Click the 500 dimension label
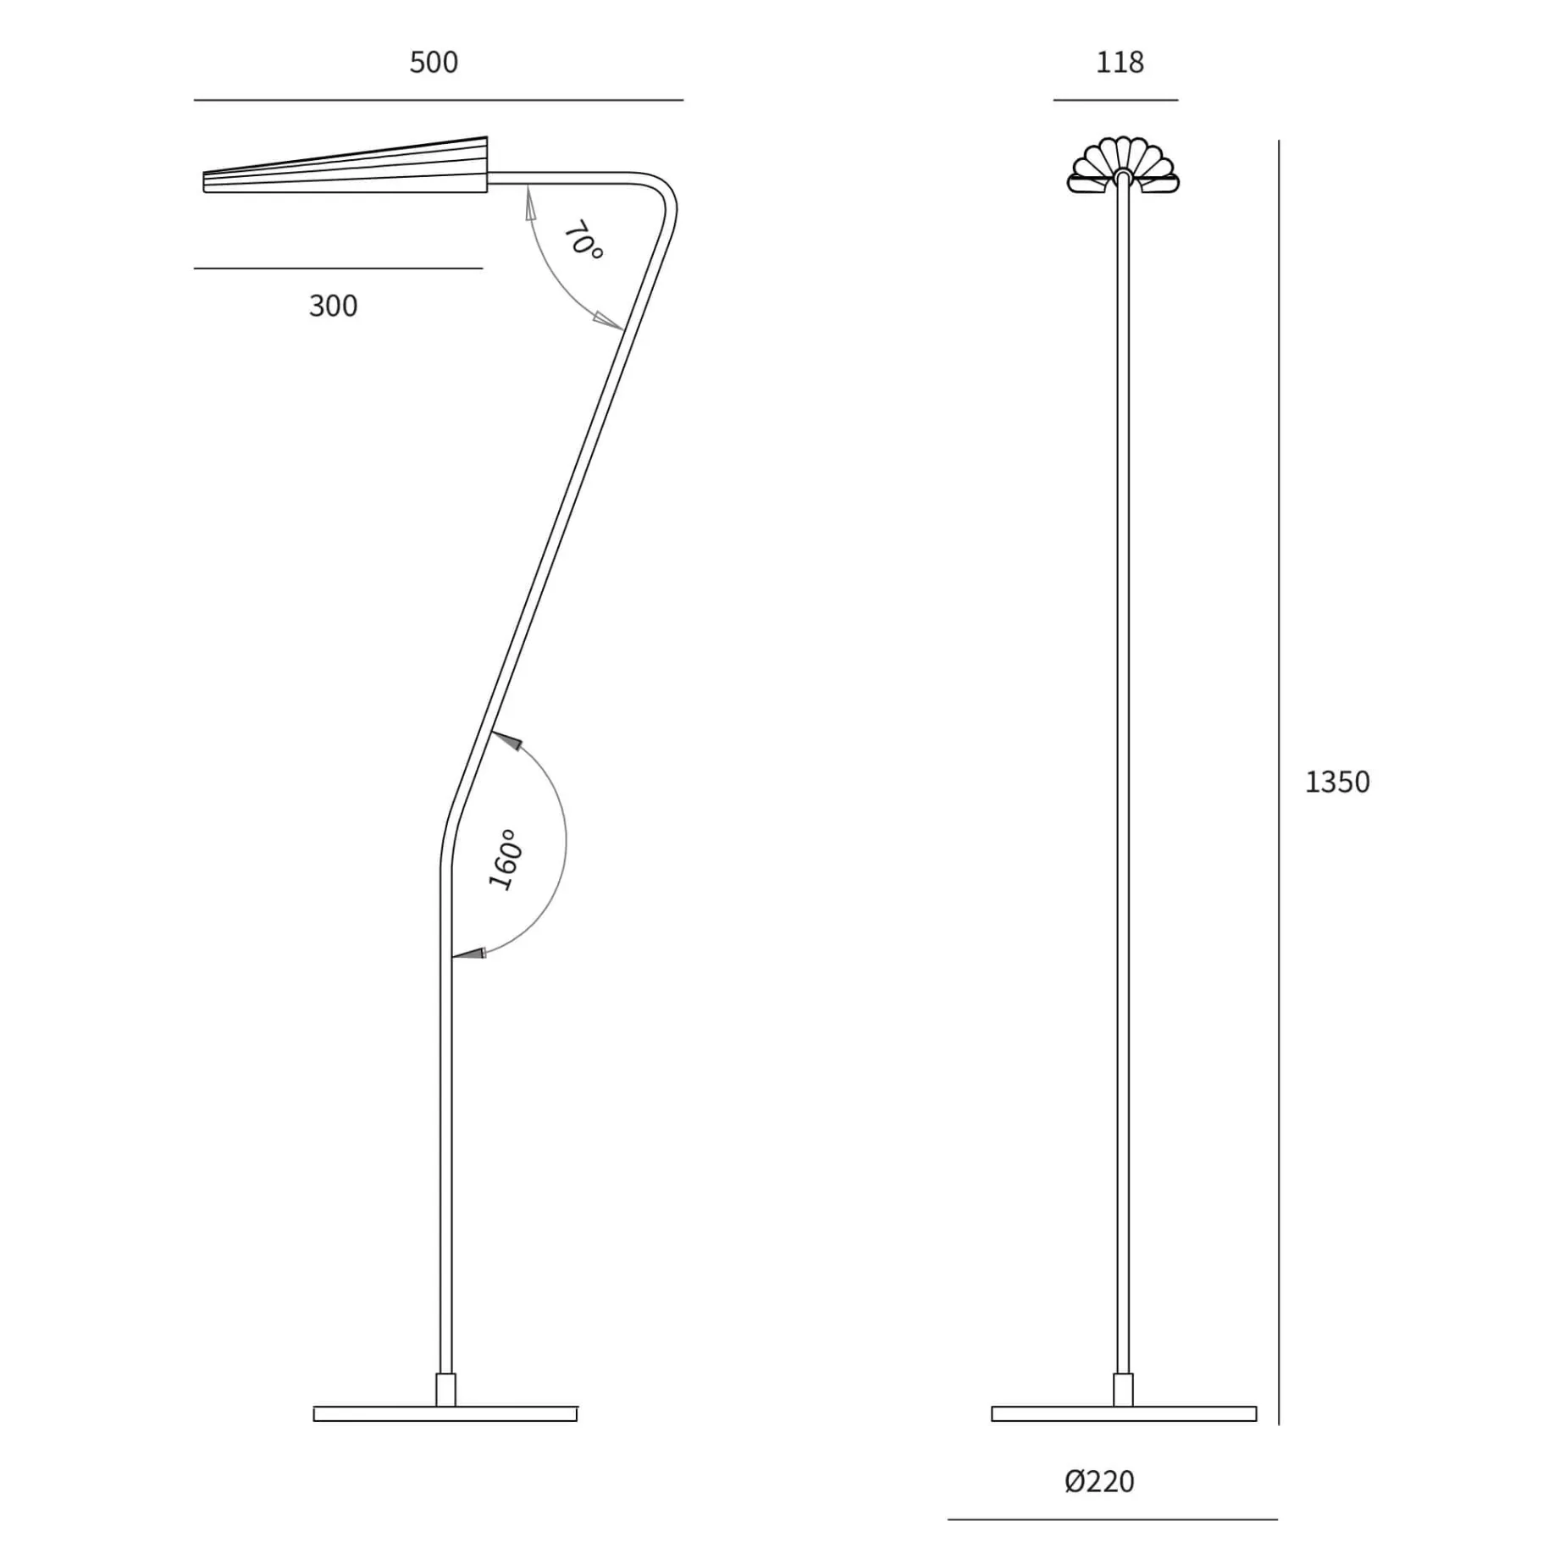click(434, 63)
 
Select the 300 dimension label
click(334, 306)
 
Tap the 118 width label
click(1120, 63)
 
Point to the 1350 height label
click(1337, 782)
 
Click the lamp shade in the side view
click(346, 166)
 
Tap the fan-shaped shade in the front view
click(1123, 164)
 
